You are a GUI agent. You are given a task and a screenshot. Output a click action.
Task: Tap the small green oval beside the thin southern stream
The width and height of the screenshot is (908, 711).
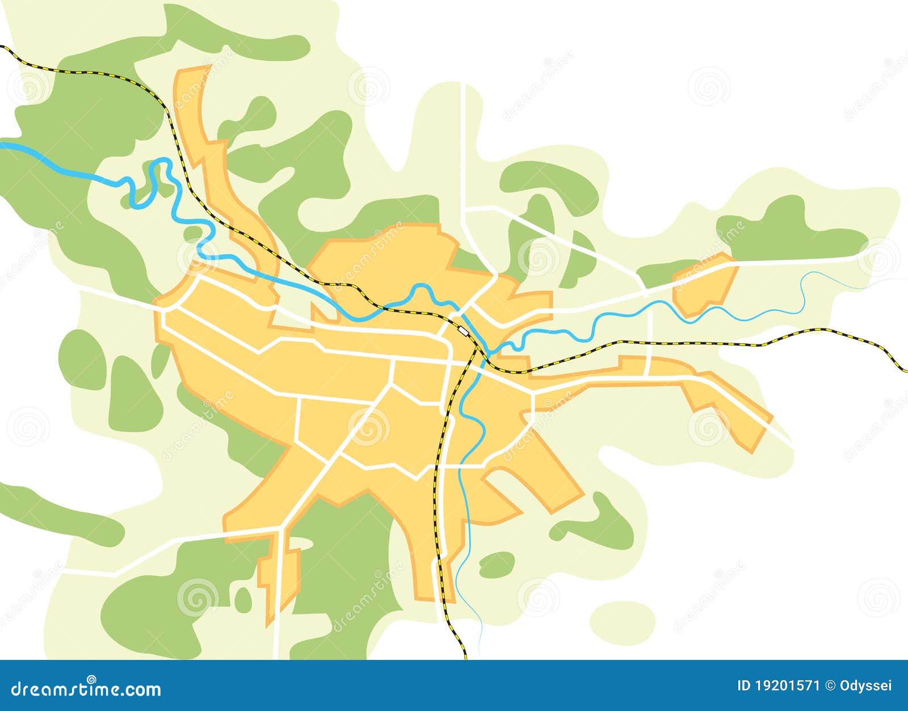point(497,563)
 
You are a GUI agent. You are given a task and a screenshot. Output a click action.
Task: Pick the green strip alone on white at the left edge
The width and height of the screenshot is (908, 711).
point(62,511)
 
